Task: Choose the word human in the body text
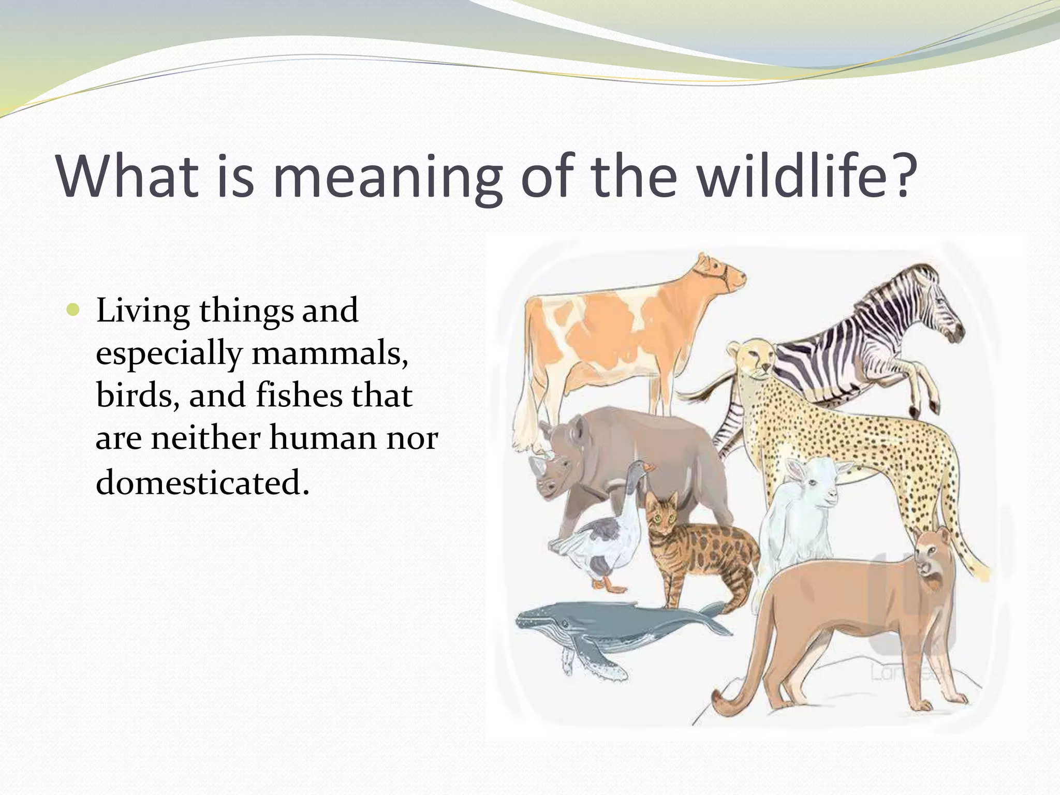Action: coord(324,438)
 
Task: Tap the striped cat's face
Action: coord(662,512)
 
